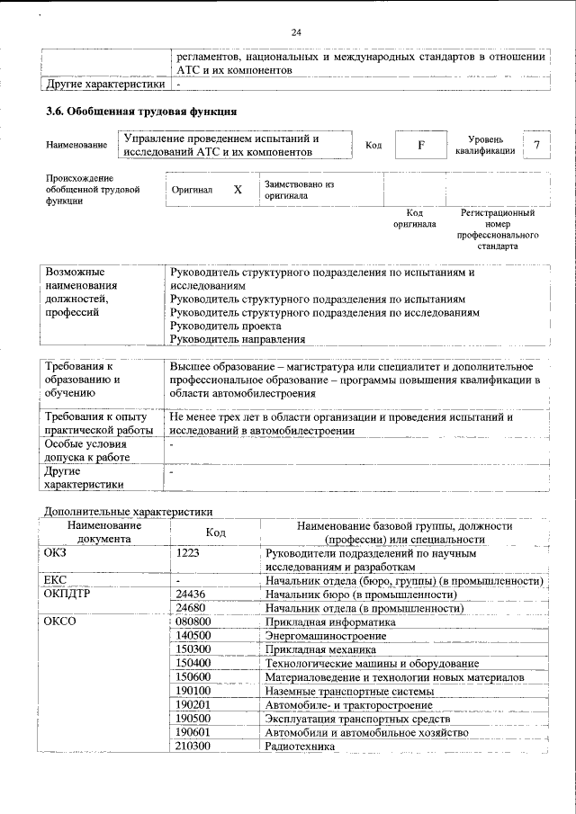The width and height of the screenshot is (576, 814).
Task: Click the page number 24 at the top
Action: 296,32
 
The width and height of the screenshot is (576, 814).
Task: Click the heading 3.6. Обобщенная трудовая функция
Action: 141,112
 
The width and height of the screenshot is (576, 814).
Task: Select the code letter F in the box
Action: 420,145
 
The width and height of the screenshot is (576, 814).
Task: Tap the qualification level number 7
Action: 537,145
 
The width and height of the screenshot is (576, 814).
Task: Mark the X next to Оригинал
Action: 238,190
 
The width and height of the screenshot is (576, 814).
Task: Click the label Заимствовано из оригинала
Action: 300,189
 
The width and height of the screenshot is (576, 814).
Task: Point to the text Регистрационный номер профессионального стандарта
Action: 497,228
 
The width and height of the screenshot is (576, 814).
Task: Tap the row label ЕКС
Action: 57,580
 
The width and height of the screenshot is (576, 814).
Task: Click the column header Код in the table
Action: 215,532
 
